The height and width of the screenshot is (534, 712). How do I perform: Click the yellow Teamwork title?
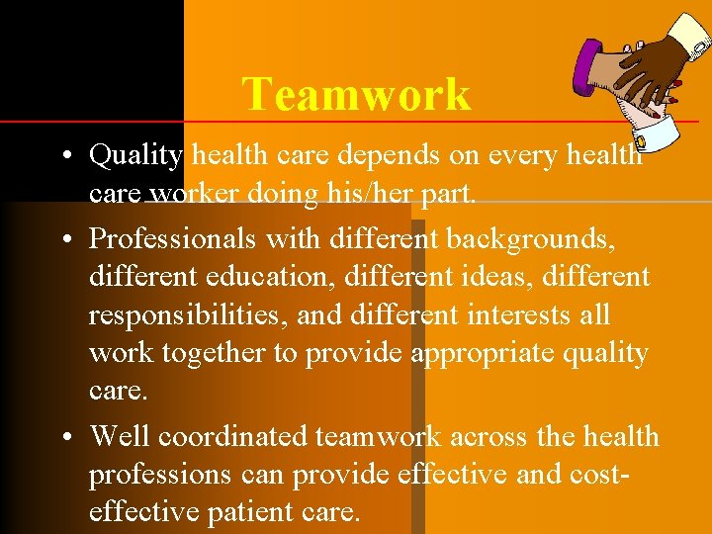[356, 95]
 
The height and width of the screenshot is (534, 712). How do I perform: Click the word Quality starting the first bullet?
[135, 155]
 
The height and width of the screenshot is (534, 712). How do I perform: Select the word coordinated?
[234, 436]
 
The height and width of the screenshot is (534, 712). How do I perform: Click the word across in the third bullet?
[487, 436]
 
